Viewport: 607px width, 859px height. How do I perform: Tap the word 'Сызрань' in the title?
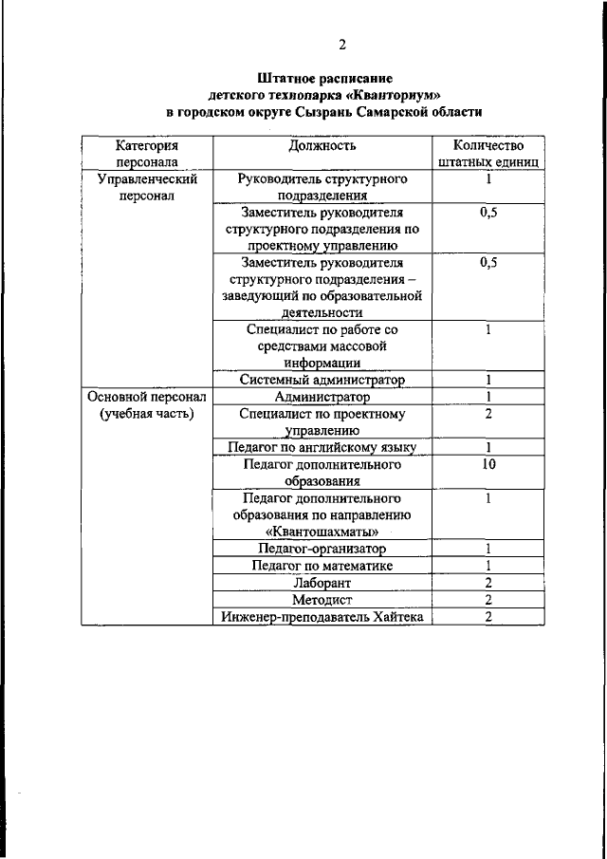tap(365, 112)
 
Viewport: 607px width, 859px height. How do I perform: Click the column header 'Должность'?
tap(322, 146)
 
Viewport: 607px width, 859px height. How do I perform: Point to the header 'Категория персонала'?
tap(146, 154)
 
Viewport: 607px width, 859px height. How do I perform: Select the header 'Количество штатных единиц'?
tap(487, 154)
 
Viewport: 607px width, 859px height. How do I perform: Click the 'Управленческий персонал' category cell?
tap(146, 187)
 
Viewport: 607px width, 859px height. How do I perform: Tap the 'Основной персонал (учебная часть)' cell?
tap(146, 405)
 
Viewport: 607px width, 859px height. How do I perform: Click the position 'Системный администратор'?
tap(322, 381)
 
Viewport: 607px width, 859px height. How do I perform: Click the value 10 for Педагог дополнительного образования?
tap(487, 464)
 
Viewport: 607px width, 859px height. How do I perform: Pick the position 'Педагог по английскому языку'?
tap(322, 447)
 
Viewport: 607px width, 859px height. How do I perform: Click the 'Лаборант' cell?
tap(322, 583)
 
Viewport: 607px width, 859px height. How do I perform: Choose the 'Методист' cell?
tap(322, 600)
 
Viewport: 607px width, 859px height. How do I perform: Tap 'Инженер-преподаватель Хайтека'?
tap(322, 617)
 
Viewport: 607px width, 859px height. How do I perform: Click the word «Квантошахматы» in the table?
tap(322, 532)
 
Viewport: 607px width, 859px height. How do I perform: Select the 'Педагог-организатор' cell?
tap(322, 549)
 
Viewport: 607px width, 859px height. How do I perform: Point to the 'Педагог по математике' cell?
tap(322, 566)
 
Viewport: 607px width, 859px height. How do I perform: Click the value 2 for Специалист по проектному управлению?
tap(487, 414)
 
